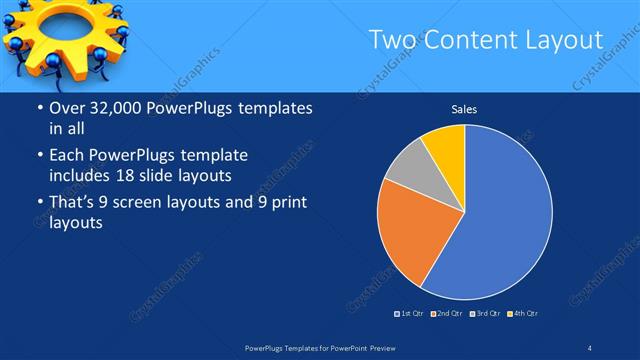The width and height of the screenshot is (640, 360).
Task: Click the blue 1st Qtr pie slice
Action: (x=505, y=215)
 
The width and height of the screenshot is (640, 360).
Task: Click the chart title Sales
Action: (x=464, y=109)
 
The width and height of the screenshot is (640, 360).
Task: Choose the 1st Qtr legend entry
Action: (x=410, y=314)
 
